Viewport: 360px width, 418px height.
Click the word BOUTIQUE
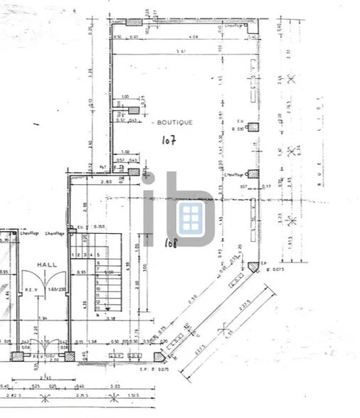point(174,122)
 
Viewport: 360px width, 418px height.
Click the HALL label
point(48,264)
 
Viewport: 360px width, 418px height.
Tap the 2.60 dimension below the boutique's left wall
point(88,183)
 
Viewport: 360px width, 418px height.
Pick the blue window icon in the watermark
point(189,218)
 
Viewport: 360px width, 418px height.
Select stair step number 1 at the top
point(75,253)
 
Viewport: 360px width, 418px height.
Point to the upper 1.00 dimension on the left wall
point(125,97)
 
